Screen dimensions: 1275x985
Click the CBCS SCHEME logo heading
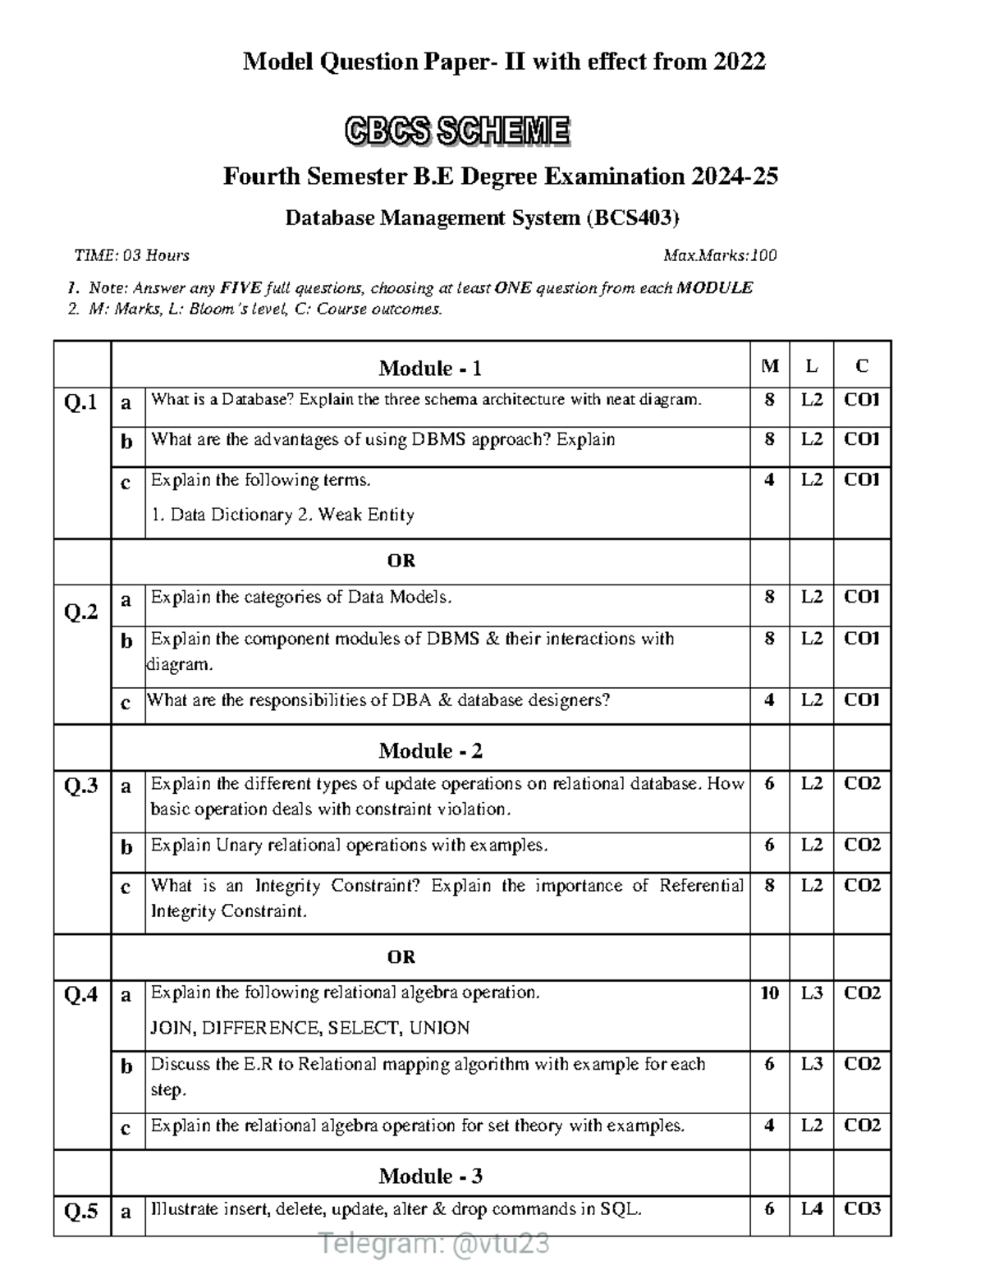pos(456,131)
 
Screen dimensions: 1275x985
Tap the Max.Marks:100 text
pos(719,255)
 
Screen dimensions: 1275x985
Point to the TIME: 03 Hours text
pos(131,255)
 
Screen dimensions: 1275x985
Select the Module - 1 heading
pos(429,368)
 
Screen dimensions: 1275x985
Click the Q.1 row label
pos(81,402)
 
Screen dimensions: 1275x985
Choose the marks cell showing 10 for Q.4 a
pos(769,993)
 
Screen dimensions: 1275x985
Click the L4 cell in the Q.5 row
pos(811,1208)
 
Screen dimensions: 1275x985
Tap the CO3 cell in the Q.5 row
pos(862,1208)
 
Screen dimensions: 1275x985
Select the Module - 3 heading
pos(429,1176)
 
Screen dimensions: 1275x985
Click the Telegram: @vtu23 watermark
pos(434,1245)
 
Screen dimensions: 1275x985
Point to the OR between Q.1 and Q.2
pos(401,561)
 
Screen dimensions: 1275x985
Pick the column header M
pos(769,366)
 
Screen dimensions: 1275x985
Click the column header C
pos(862,366)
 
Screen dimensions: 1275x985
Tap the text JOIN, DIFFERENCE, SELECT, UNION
pos(310,1028)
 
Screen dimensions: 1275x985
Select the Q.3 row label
pos(81,787)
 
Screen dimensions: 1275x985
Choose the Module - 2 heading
pos(429,750)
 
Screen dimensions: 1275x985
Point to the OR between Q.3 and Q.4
pos(401,956)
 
